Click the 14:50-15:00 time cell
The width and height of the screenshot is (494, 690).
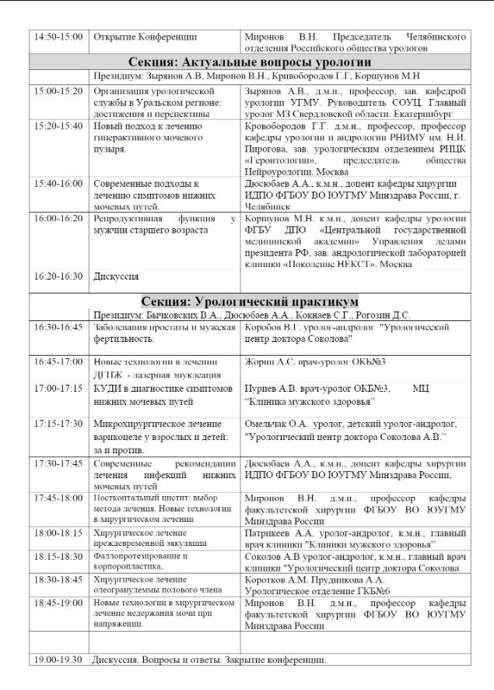[59, 37]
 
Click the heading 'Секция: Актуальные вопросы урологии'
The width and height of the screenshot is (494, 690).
[250, 62]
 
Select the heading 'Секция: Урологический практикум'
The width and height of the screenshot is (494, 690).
[250, 301]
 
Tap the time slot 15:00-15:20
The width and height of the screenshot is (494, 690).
[59, 91]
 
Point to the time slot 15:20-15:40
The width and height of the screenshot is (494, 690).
[59, 125]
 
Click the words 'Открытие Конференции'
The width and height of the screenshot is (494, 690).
[145, 37]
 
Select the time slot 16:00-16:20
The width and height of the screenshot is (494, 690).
[59, 220]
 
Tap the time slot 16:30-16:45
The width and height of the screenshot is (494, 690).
[59, 328]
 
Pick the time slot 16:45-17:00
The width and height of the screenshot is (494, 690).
[59, 362]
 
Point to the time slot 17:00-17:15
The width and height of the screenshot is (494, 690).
[59, 388]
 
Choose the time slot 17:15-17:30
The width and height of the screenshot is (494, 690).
[59, 424]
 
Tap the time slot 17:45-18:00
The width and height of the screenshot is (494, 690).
[59, 498]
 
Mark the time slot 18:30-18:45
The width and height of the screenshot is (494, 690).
[59, 580]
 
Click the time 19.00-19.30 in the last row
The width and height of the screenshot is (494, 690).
[59, 660]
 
